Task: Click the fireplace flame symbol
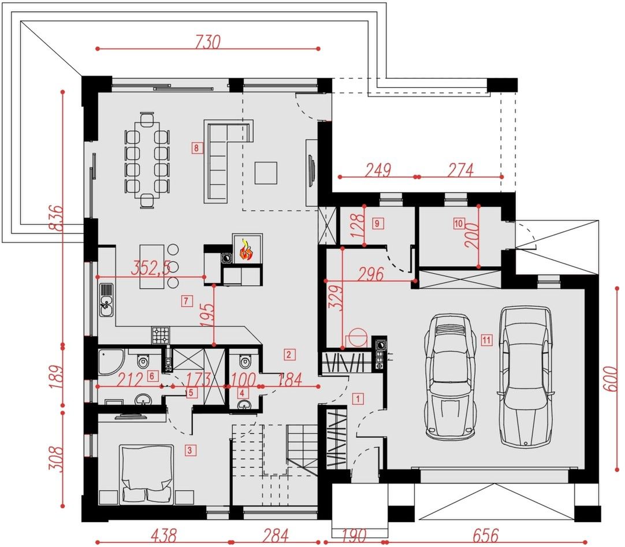246,250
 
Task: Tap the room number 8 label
196,148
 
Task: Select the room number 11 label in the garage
486,340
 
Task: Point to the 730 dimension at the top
207,42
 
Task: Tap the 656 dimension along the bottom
486,535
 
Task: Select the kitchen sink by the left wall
106,300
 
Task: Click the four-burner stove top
160,335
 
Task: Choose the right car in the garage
525,377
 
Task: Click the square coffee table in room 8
266,173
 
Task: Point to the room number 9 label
377,224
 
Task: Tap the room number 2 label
289,355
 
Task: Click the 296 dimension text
371,274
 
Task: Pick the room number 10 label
459,224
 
